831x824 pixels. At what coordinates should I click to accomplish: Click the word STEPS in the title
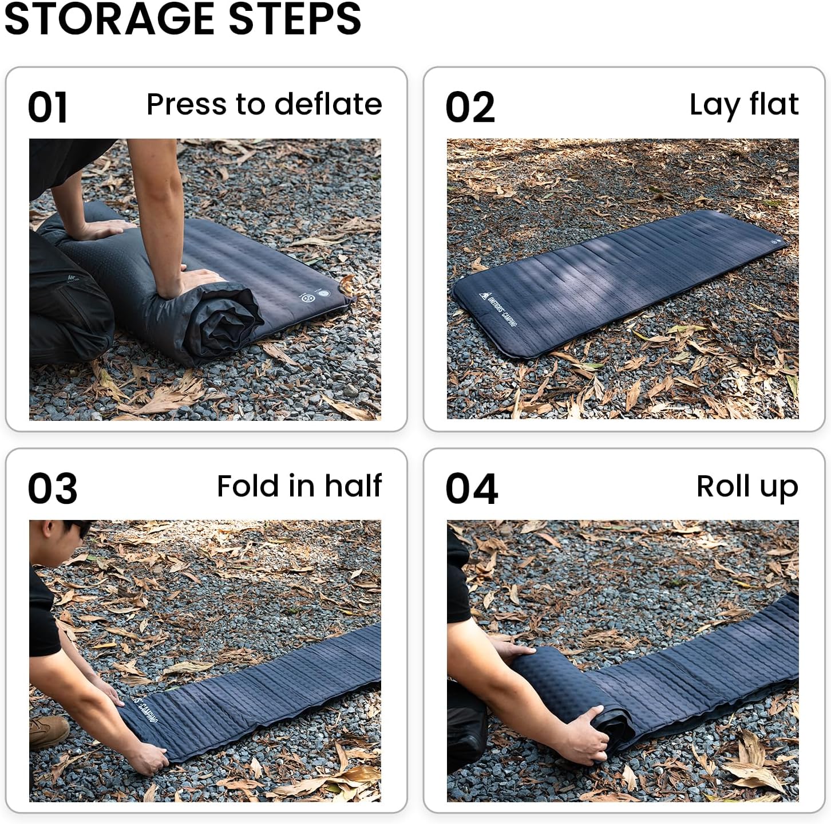click(295, 18)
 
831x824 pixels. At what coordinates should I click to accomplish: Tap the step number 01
click(48, 108)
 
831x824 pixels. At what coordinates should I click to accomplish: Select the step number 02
click(470, 108)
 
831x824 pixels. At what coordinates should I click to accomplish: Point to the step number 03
click(52, 489)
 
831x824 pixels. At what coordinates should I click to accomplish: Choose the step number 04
click(472, 489)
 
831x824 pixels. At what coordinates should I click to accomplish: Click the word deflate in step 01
click(328, 104)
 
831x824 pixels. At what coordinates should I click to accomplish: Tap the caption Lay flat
click(743, 105)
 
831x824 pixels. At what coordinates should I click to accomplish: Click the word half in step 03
click(353, 486)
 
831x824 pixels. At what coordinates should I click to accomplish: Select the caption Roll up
click(747, 487)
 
